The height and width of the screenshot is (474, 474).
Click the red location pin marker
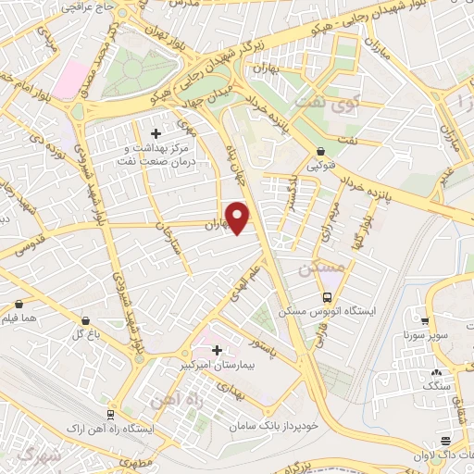pyautogui.click(x=239, y=218)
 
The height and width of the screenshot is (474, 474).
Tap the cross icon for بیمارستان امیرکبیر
pyautogui.click(x=218, y=350)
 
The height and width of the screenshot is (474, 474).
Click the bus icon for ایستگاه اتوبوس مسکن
pyautogui.click(x=327, y=297)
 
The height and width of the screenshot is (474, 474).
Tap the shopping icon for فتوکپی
pyautogui.click(x=320, y=150)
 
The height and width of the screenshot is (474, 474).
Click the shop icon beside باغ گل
pyautogui.click(x=85, y=319)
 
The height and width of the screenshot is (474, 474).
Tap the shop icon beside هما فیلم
pyautogui.click(x=19, y=303)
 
